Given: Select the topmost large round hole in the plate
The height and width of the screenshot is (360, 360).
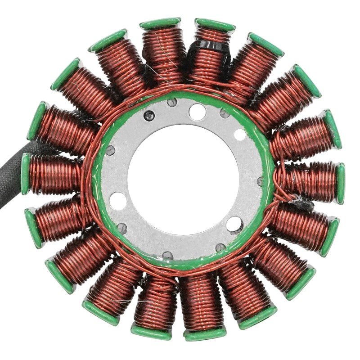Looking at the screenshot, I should tap(197, 112).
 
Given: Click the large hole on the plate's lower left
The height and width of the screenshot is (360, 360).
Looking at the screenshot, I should tap(118, 201).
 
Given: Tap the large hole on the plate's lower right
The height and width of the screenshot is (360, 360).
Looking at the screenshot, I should tap(234, 224).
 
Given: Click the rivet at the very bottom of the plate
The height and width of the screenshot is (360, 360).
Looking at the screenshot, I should tap(167, 255).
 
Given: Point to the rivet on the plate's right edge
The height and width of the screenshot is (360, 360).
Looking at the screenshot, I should tap(260, 181).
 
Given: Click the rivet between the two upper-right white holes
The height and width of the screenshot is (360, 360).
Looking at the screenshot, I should tap(224, 113).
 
